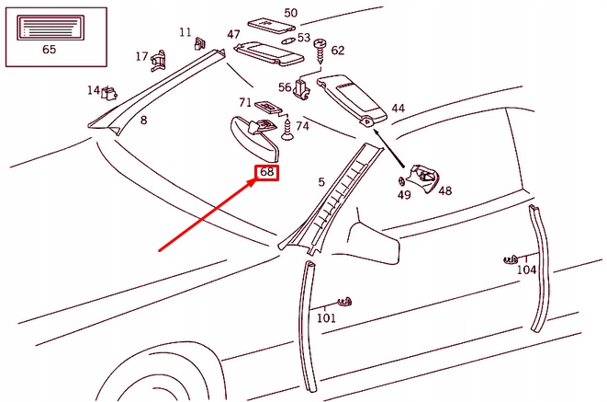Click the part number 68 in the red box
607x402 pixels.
pyautogui.click(x=267, y=172)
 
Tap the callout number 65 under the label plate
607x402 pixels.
pyautogui.click(x=49, y=50)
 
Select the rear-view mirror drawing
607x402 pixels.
pyautogui.click(x=248, y=133)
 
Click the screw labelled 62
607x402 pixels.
pyautogui.click(x=321, y=46)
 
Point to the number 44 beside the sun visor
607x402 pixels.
pyautogui.click(x=397, y=109)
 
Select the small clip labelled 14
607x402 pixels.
pyautogui.click(x=111, y=91)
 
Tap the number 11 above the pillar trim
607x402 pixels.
pyautogui.click(x=185, y=32)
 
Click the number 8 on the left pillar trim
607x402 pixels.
pyautogui.click(x=143, y=120)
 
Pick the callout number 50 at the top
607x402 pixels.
pyautogui.click(x=290, y=13)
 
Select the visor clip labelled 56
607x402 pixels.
pyautogui.click(x=300, y=89)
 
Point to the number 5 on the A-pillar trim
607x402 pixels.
pyautogui.click(x=321, y=182)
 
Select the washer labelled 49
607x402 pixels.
pyautogui.click(x=402, y=179)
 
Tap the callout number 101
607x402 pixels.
pyautogui.click(x=326, y=318)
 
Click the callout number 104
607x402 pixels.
pyautogui.click(x=526, y=270)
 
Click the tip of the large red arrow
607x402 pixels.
pyautogui.click(x=257, y=179)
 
